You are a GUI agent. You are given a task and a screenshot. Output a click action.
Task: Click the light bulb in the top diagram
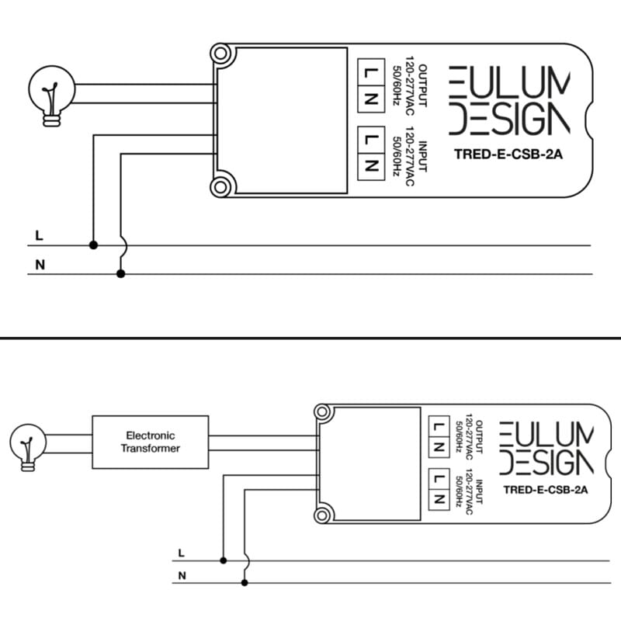tap(50, 94)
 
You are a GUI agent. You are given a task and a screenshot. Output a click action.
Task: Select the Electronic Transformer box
tap(151, 442)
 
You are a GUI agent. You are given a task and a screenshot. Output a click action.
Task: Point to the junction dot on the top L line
tap(94, 245)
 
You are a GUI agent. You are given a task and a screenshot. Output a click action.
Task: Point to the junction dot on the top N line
tap(120, 274)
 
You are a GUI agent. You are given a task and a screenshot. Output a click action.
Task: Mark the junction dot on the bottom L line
tap(224, 560)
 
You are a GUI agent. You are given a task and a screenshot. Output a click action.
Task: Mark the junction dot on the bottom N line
tap(245, 582)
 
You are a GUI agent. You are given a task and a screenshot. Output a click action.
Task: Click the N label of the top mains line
tap(40, 265)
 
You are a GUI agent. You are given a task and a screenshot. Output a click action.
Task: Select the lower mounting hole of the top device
tap(221, 186)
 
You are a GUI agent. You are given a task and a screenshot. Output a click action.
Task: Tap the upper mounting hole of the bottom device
tap(322, 414)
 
